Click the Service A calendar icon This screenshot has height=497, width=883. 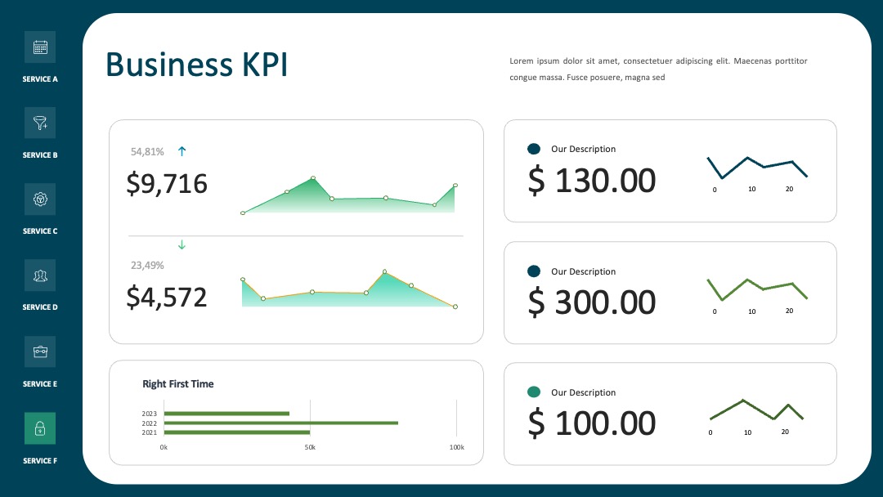click(40, 47)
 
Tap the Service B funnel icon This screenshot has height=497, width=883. click(40, 123)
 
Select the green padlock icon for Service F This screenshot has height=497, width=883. click(40, 428)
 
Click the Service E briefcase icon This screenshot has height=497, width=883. click(40, 351)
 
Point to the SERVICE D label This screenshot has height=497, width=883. click(40, 307)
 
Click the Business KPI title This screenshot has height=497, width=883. click(196, 64)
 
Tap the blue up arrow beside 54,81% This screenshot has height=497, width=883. click(182, 151)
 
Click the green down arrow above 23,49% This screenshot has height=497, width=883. click(182, 245)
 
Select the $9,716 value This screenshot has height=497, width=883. click(167, 184)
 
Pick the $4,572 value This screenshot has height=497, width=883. click(167, 298)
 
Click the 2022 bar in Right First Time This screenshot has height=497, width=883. click(281, 423)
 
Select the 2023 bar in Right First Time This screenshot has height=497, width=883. click(226, 414)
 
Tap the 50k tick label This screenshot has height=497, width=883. click(310, 447)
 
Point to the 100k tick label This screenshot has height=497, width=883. click(457, 447)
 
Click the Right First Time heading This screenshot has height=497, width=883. click(178, 384)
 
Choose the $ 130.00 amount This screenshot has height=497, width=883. click(592, 181)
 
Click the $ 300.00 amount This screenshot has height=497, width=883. click(592, 302)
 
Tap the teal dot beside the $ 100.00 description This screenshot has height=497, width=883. click(534, 392)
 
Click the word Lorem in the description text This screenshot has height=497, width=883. click(522, 60)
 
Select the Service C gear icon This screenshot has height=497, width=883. click(40, 199)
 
